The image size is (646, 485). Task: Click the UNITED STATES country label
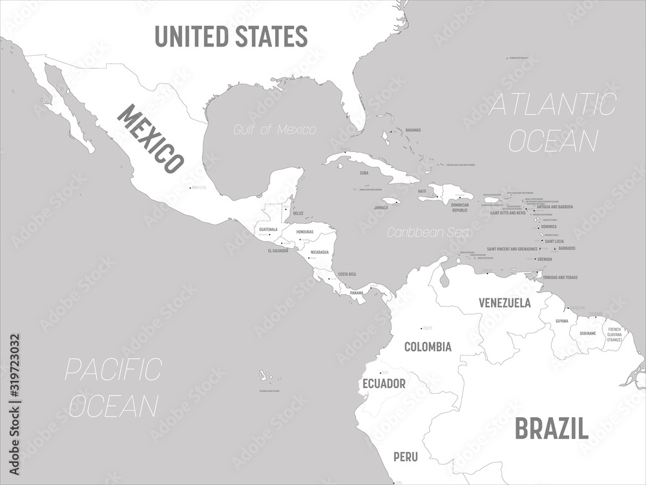click(231, 36)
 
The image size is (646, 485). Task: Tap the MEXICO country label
click(149, 138)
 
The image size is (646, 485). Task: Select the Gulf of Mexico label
click(276, 130)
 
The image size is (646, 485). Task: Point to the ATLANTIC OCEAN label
click(552, 123)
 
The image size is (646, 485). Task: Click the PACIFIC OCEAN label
click(113, 387)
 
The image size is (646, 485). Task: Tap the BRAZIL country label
click(551, 428)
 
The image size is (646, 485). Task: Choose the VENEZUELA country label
click(505, 303)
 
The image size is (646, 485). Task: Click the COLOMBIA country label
click(428, 347)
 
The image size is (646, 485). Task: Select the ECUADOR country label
click(384, 383)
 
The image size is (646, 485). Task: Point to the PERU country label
click(406, 457)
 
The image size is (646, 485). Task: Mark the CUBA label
click(364, 173)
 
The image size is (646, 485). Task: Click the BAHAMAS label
click(413, 130)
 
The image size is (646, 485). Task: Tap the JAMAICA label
click(381, 208)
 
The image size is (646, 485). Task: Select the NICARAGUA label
click(319, 252)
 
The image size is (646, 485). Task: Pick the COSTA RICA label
click(347, 274)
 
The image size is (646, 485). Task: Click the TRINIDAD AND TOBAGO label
click(559, 277)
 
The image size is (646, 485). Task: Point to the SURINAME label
click(587, 334)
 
